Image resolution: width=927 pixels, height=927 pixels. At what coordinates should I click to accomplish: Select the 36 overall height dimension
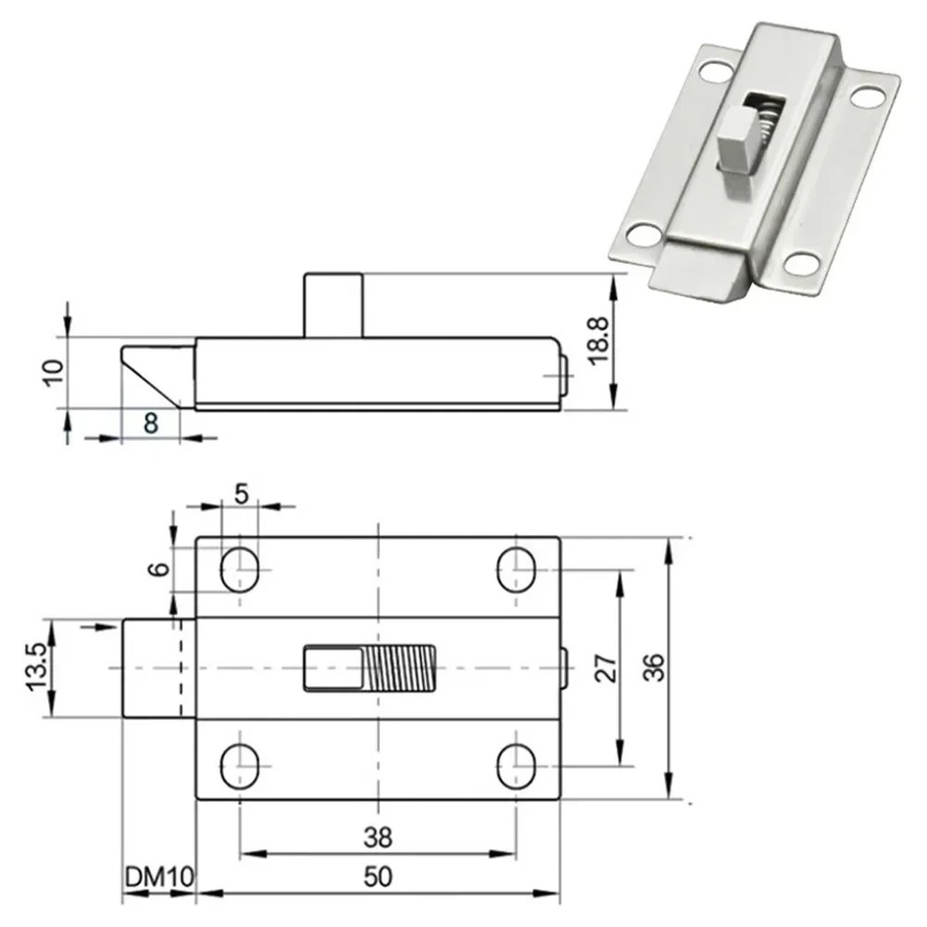point(654,667)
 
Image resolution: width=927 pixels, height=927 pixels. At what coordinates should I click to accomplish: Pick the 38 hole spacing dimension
point(378,838)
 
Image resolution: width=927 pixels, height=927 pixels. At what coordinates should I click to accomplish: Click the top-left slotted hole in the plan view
point(240,568)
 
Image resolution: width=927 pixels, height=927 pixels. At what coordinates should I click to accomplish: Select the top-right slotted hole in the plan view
point(516,568)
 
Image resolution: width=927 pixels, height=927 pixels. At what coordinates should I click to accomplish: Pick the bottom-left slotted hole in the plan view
point(240,765)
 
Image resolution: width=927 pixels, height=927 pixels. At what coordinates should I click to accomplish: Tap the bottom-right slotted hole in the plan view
point(516,765)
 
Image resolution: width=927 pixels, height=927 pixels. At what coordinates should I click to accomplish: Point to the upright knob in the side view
point(332,306)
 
